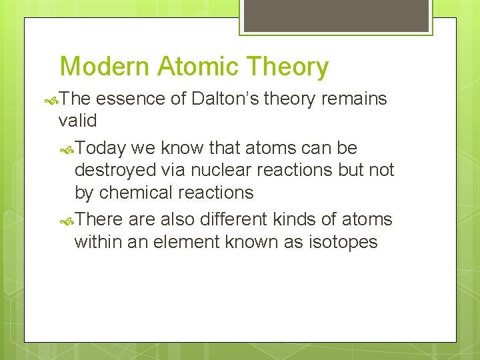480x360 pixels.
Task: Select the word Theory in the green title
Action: pyautogui.click(x=288, y=67)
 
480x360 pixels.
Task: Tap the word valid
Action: pyautogui.click(x=77, y=121)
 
